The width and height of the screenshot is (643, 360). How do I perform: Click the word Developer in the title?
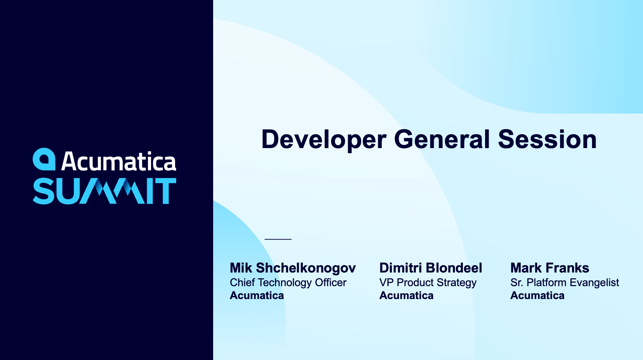click(x=324, y=140)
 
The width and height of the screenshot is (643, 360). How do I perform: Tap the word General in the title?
click(x=442, y=139)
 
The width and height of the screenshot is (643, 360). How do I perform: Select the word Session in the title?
click(x=547, y=139)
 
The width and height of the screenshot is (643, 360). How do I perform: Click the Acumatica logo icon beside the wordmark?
click(x=44, y=159)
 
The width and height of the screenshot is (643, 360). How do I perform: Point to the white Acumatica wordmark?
click(x=119, y=162)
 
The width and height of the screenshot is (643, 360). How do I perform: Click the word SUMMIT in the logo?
click(x=104, y=191)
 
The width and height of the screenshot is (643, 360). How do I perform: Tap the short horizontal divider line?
click(x=278, y=239)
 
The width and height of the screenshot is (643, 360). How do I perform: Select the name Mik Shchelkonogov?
click(x=293, y=268)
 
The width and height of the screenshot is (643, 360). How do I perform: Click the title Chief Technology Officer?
click(x=288, y=283)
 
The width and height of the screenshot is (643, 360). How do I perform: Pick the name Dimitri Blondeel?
click(x=431, y=268)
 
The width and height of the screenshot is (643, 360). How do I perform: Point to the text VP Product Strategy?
click(x=428, y=283)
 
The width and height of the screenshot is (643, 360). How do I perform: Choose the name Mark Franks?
click(x=550, y=268)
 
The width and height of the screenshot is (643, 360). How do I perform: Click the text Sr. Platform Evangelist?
click(x=564, y=283)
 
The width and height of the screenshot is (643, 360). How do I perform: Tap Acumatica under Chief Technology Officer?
click(x=257, y=295)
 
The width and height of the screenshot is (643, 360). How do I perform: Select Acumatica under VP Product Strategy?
click(x=407, y=295)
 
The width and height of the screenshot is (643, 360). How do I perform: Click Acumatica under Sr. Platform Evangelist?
click(x=538, y=295)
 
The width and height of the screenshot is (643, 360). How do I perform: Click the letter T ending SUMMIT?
click(x=165, y=191)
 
